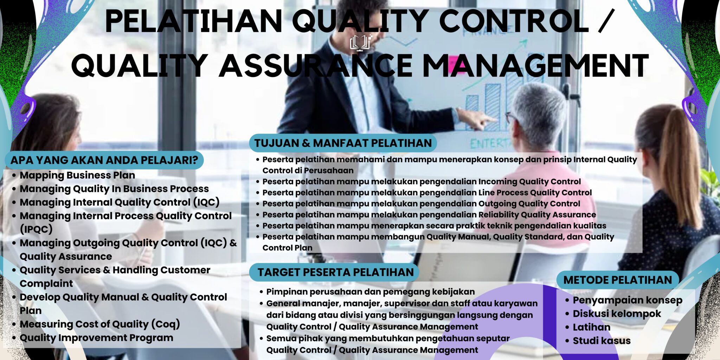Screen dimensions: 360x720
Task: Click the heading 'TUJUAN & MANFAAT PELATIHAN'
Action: (343, 143)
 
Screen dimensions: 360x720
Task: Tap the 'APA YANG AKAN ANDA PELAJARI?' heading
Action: (104, 160)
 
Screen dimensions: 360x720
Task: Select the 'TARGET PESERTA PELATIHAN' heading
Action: (335, 272)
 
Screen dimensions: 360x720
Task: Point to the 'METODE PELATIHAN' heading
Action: (617, 280)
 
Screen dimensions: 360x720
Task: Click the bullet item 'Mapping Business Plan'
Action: (77, 175)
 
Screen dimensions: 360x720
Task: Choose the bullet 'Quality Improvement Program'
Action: (96, 337)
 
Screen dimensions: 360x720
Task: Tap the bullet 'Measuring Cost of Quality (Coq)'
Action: (100, 324)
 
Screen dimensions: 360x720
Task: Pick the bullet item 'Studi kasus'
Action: (602, 341)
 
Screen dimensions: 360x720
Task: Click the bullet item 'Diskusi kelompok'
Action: (617, 314)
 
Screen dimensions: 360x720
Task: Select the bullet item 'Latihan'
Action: (591, 327)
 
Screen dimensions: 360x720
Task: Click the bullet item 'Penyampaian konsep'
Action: (627, 300)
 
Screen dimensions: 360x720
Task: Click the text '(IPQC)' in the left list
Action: (36, 229)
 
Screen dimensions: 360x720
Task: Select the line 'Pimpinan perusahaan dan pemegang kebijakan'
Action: (370, 292)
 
